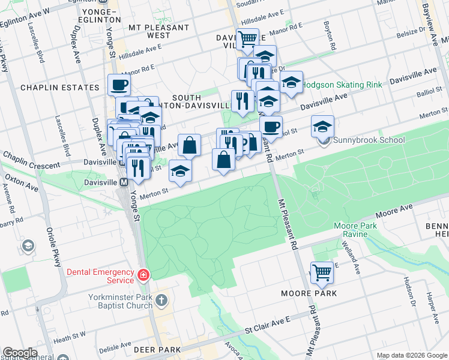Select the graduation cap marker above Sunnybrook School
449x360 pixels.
(x=323, y=127)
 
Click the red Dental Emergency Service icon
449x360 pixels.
(x=143, y=275)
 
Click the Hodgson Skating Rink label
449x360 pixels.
(x=342, y=85)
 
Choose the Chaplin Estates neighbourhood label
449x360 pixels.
(x=59, y=88)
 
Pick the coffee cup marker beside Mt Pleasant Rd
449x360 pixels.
(x=271, y=127)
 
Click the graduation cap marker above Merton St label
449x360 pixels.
(x=180, y=171)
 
